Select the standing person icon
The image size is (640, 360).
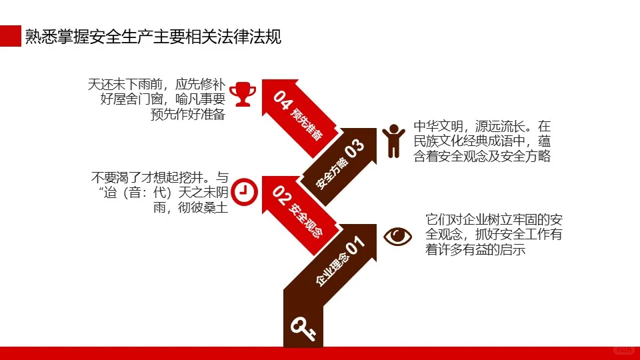[x=393, y=140]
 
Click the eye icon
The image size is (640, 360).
[x=398, y=236]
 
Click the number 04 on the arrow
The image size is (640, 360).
[x=283, y=101]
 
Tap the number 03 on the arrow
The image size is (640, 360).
[x=355, y=147]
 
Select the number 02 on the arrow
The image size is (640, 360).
[x=283, y=196]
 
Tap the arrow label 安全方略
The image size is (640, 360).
[x=331, y=173]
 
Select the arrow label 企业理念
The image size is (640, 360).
[x=331, y=272]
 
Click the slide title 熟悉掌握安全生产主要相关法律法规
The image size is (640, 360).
[x=153, y=37]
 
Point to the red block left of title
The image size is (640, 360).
[x=10, y=37]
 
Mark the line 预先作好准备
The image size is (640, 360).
[x=188, y=114]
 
